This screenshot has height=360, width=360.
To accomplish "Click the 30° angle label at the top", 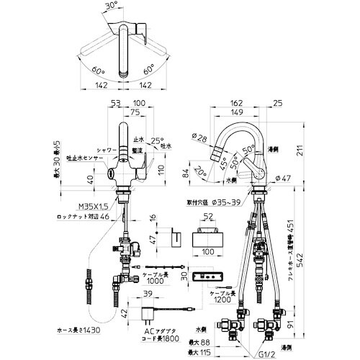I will [x=109, y=7].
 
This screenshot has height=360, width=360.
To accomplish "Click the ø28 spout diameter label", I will [x=202, y=137].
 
